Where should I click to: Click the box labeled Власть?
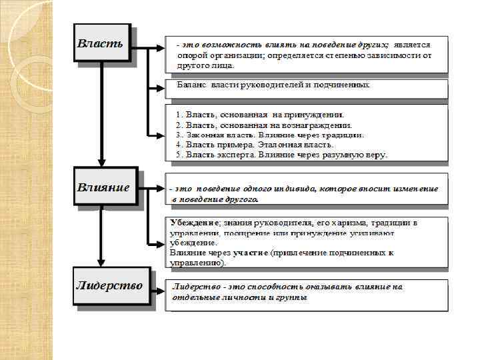(x=101, y=44)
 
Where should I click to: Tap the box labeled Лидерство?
(x=111, y=287)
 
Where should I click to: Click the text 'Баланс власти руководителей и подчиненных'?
(x=273, y=85)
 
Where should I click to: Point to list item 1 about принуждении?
(x=259, y=115)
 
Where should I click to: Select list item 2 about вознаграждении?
(x=263, y=125)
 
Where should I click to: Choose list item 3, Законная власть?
(x=269, y=135)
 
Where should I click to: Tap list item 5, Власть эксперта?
(x=281, y=154)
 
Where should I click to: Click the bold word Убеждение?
(x=195, y=221)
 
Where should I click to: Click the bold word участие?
(x=251, y=253)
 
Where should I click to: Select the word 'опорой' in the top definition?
(x=191, y=56)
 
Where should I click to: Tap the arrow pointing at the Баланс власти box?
(x=157, y=87)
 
